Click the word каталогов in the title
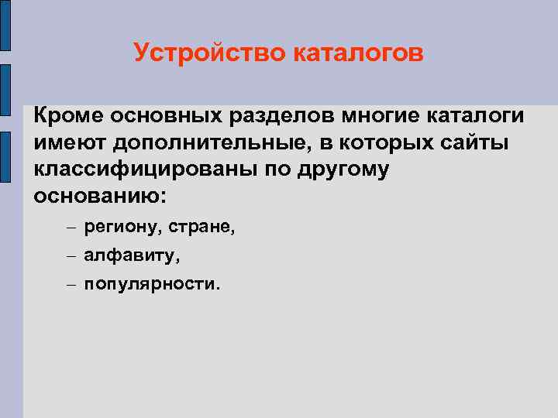(x=360, y=54)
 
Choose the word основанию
(x=100, y=197)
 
